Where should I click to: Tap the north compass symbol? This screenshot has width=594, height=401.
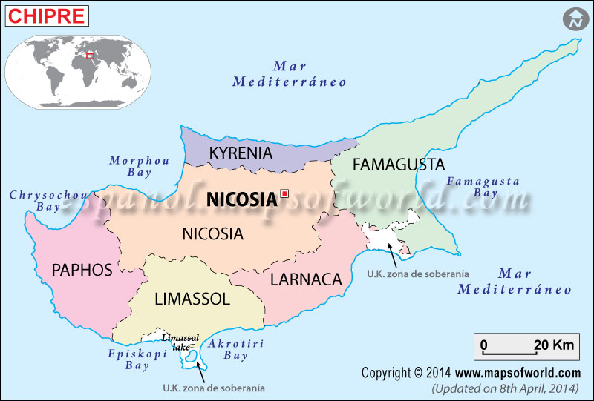[x=574, y=20]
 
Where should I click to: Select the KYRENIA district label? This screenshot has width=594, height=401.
[x=241, y=153]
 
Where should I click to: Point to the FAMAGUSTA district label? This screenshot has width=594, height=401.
[x=398, y=165]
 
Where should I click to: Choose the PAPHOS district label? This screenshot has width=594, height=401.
[x=82, y=270]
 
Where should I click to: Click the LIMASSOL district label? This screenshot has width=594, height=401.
[x=192, y=299]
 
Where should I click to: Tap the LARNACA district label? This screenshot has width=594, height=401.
[x=306, y=279]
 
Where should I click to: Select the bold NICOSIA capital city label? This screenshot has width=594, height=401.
[x=241, y=199]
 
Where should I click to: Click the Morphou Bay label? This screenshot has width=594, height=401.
[x=139, y=166]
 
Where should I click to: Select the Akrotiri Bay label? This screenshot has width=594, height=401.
[x=236, y=350]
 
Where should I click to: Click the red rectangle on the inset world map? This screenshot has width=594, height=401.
[x=91, y=55]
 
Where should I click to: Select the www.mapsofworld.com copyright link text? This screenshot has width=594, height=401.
[x=518, y=373]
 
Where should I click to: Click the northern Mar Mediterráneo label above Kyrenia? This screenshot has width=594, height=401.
[x=290, y=74]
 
